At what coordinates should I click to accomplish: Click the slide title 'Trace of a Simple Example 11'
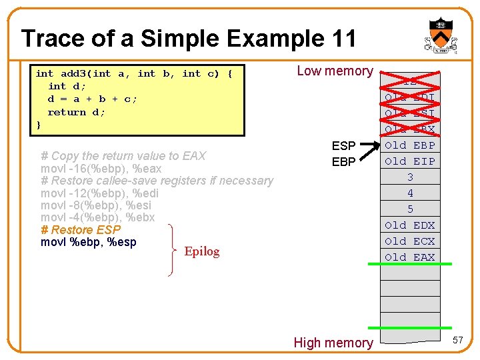189,39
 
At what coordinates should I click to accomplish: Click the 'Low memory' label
335,71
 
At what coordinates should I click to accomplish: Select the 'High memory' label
333,343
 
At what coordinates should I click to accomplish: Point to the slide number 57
457,341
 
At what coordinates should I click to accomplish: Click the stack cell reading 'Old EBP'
410,145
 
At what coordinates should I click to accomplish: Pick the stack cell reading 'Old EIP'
410,161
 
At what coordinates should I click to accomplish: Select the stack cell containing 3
410,177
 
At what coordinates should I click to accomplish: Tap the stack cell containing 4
410,193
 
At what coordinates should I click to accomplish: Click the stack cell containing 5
410,209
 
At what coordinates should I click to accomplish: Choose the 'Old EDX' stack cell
410,225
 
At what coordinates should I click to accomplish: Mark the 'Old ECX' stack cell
410,241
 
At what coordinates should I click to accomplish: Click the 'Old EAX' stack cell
410,257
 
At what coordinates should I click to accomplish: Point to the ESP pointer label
344,146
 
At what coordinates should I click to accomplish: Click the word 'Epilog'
202,251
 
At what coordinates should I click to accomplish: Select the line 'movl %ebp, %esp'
89,242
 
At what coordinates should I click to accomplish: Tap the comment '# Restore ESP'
81,230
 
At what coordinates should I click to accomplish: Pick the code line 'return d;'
76,112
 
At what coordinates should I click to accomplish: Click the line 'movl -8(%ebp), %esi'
97,205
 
